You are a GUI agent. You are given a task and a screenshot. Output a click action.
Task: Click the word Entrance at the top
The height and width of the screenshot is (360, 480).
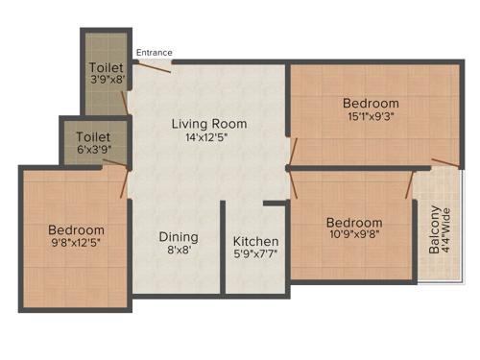point(155,52)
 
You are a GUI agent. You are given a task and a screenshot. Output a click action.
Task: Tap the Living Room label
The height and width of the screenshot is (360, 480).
point(209,124)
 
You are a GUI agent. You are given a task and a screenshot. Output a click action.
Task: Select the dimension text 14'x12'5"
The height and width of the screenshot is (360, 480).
point(208,137)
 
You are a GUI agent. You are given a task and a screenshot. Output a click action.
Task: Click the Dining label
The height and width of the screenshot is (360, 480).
point(179,237)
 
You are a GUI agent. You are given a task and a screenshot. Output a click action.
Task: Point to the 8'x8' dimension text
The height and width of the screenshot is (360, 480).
point(179,251)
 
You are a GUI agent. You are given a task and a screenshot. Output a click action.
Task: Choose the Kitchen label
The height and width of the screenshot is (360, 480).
point(256,241)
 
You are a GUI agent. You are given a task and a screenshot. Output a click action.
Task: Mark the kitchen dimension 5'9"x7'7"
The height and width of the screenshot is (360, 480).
point(256,254)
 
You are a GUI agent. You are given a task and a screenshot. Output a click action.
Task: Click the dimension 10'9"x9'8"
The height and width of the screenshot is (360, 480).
point(353,235)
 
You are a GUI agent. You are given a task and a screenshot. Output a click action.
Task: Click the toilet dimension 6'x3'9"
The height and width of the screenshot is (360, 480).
point(93,151)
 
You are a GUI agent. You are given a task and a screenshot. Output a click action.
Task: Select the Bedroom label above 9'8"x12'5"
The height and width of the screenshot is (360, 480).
point(76,230)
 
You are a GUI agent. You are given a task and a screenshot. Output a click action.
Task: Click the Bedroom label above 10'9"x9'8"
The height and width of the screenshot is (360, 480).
point(353,222)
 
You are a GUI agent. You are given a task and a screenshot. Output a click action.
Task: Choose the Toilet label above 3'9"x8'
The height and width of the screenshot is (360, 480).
point(107,67)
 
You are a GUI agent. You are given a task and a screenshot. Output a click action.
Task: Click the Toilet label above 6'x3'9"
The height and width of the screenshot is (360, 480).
point(93,138)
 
